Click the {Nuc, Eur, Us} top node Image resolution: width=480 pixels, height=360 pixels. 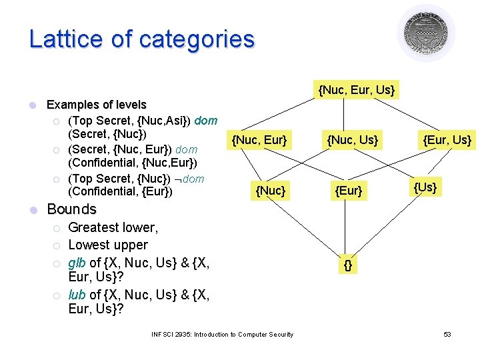click(357, 89)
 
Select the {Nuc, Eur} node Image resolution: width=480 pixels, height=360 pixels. click(259, 139)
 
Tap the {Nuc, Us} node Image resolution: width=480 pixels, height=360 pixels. click(351, 139)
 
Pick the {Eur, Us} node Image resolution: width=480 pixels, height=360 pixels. click(447, 139)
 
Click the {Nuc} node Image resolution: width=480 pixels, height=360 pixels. click(271, 191)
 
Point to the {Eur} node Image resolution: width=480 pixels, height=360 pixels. click(349, 191)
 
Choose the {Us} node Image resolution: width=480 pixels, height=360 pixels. click(425, 187)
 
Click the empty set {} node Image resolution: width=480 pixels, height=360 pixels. click(348, 265)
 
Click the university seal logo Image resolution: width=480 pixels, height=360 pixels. click(426, 32)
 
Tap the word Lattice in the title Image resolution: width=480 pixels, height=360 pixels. click(65, 39)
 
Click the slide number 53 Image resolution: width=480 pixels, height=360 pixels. click(447, 334)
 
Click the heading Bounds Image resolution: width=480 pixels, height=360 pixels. click(71, 209)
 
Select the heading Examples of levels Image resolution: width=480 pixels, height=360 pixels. click(96, 105)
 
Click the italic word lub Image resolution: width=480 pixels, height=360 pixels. click(77, 295)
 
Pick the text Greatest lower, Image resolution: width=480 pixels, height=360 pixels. click(113, 228)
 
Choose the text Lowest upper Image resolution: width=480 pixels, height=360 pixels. click(108, 245)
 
